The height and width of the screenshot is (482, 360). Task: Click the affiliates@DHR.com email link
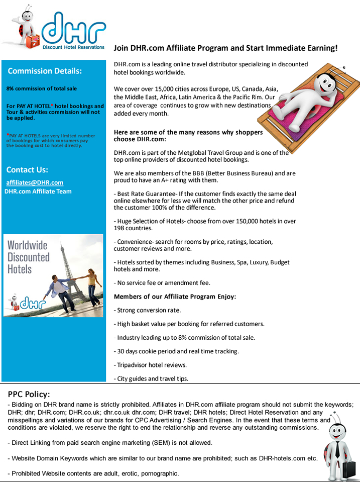click(x=35, y=182)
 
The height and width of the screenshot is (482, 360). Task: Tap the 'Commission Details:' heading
click(x=45, y=71)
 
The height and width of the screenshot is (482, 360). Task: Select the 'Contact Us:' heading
click(x=27, y=169)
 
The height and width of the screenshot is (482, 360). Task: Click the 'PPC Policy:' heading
click(x=29, y=394)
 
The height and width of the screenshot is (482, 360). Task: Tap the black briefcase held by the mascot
click(x=347, y=470)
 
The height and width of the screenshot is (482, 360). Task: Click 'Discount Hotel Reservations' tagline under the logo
click(x=73, y=47)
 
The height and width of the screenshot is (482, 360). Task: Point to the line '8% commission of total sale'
click(x=42, y=88)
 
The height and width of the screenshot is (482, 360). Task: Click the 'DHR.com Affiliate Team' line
click(x=38, y=191)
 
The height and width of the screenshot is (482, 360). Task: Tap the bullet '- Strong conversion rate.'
click(x=147, y=310)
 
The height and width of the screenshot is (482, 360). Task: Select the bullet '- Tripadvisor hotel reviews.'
click(x=150, y=365)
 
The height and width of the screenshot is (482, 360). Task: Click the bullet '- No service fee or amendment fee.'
click(x=162, y=282)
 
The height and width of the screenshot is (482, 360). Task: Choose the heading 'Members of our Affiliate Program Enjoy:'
click(x=175, y=297)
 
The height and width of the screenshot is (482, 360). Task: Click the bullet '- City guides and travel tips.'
click(x=151, y=378)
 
